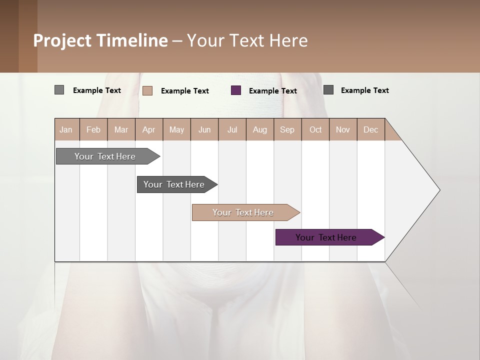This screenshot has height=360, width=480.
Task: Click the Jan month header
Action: [x=66, y=129]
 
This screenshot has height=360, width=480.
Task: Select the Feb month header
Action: [x=93, y=129]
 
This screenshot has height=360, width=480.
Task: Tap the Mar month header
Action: [x=121, y=129]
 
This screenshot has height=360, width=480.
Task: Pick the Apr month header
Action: [x=149, y=129]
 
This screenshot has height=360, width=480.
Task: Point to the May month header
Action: [x=176, y=129]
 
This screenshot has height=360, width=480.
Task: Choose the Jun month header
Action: [x=204, y=129]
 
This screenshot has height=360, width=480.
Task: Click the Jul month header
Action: [x=232, y=129]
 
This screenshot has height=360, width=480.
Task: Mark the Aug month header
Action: [x=260, y=129]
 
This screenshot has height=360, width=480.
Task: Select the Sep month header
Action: [x=287, y=129]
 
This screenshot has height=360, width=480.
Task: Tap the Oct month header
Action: [x=315, y=129]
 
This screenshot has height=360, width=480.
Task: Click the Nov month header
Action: [x=343, y=129]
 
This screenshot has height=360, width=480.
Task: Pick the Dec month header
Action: [x=371, y=129]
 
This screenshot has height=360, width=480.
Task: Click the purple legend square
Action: [x=236, y=90]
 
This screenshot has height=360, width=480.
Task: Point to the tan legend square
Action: [x=147, y=90]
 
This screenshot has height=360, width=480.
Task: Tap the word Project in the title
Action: [x=62, y=40]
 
